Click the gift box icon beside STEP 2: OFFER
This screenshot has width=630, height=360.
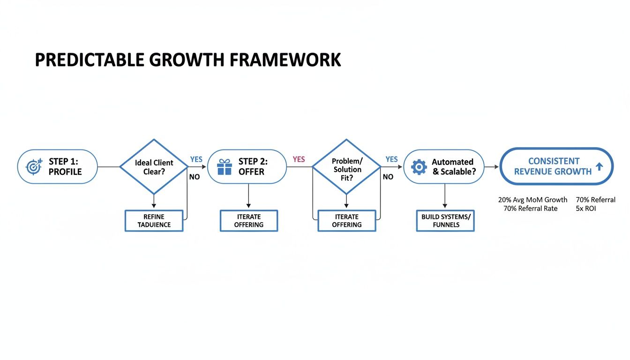click(225, 167)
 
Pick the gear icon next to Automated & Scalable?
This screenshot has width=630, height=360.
click(419, 167)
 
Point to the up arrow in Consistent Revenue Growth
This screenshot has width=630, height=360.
click(599, 166)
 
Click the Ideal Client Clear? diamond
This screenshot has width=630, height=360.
click(154, 167)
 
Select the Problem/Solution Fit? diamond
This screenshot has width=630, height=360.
click(347, 167)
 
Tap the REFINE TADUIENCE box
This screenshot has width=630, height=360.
click(154, 221)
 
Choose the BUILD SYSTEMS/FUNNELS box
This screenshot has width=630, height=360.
click(445, 221)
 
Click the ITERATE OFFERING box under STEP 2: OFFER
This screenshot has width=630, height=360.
click(249, 221)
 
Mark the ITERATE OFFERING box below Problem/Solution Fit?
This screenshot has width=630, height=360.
click(347, 221)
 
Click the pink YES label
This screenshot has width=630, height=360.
click(299, 159)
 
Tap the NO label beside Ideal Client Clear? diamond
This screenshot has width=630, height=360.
click(194, 177)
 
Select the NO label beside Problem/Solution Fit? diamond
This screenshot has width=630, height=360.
click(388, 177)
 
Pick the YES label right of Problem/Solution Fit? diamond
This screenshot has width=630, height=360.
click(391, 159)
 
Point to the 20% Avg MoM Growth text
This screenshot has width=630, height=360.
click(532, 200)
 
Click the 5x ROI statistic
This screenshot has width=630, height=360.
click(585, 209)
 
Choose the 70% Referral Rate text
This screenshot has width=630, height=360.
click(530, 209)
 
